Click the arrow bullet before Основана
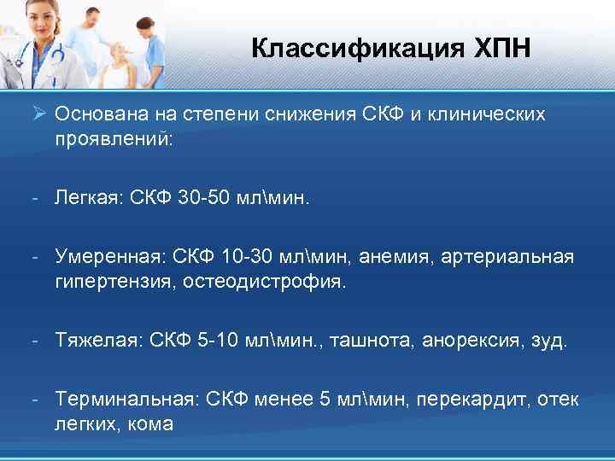tap(39, 114)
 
